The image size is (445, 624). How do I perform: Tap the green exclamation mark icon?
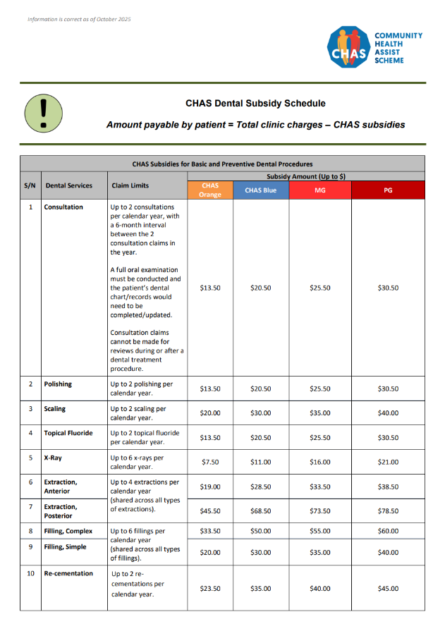(44, 111)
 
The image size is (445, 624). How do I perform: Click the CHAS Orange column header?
(210, 190)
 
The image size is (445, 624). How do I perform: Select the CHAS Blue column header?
(260, 190)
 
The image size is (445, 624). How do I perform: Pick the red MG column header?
(319, 190)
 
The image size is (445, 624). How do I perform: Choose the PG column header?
(388, 190)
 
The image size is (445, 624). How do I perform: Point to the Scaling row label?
(56, 409)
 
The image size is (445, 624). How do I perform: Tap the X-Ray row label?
(53, 458)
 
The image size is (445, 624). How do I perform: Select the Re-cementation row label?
(68, 573)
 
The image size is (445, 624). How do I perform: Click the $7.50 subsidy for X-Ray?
(210, 463)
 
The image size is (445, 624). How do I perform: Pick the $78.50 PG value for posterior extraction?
(388, 511)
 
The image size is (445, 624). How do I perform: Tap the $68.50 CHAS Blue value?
(260, 511)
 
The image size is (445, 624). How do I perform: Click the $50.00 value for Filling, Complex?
(260, 531)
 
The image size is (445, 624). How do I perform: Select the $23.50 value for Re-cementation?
(210, 588)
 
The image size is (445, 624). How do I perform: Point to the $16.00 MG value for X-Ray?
(319, 463)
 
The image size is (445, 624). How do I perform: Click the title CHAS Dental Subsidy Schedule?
(255, 103)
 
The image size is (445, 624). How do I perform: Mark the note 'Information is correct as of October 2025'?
(79, 19)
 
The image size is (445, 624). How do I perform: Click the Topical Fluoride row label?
(68, 433)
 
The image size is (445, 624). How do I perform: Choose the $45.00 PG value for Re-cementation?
(388, 588)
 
